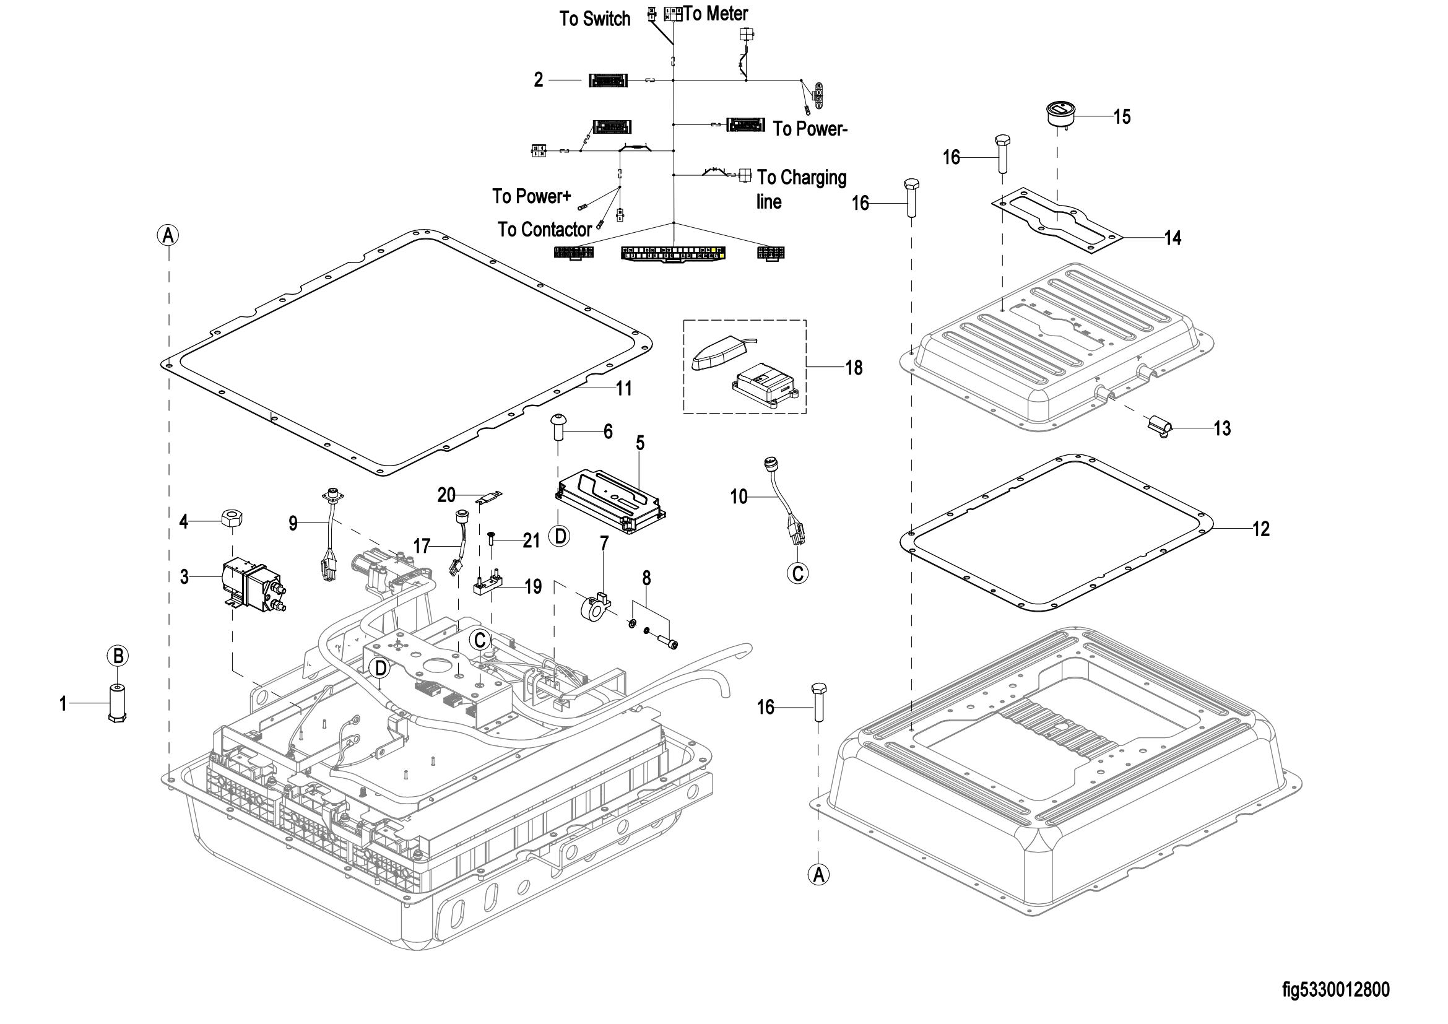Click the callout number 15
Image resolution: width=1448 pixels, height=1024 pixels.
pyautogui.click(x=1122, y=116)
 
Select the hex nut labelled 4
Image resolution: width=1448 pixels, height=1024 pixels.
pyautogui.click(x=232, y=520)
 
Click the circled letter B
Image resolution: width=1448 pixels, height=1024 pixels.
pyautogui.click(x=118, y=656)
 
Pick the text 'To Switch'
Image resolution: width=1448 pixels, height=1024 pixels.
pyautogui.click(x=594, y=19)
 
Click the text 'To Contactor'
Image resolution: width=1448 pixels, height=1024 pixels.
pyautogui.click(x=544, y=230)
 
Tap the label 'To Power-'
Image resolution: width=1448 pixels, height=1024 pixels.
pyautogui.click(x=810, y=129)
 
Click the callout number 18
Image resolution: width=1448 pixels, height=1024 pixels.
pyautogui.click(x=854, y=368)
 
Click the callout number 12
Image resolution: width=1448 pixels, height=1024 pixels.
pyautogui.click(x=1260, y=528)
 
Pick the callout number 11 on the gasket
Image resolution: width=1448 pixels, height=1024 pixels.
pyautogui.click(x=623, y=388)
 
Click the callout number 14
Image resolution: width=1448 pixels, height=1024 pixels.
pyautogui.click(x=1173, y=238)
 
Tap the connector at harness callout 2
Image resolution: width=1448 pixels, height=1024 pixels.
pyautogui.click(x=609, y=80)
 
